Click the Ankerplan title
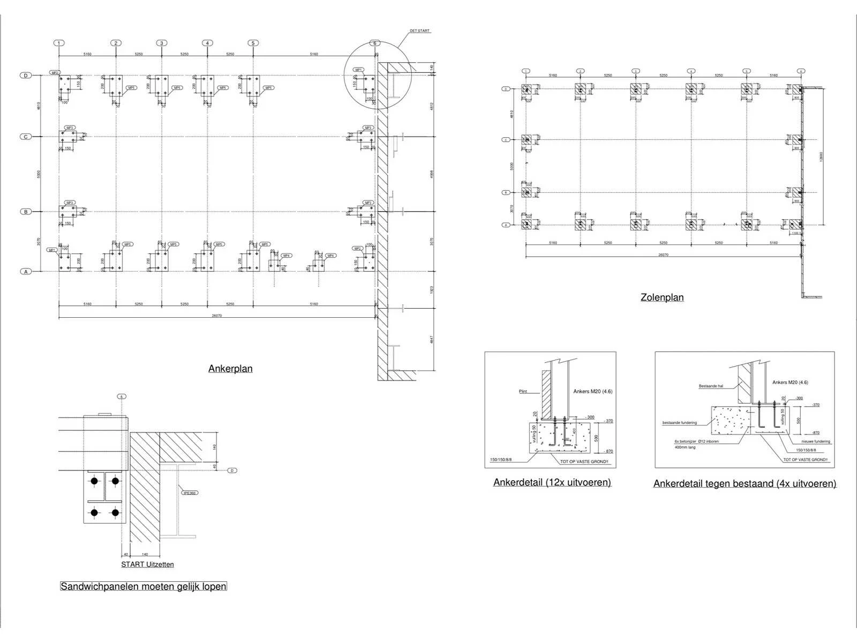[230, 369]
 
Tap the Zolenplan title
[662, 297]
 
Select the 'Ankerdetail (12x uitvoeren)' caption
[552, 482]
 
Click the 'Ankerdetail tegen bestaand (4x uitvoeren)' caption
[745, 483]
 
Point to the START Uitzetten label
[147, 564]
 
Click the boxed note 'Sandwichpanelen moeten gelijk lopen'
[144, 586]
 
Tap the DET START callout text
[419, 31]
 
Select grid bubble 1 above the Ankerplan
[59, 43]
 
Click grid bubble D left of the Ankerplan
[25, 76]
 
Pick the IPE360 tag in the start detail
[189, 493]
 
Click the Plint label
[523, 391]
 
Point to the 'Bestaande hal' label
[711, 386]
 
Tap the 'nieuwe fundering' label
[815, 442]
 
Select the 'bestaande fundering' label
[680, 423]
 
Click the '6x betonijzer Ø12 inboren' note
[696, 442]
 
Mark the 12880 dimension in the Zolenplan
[821, 156]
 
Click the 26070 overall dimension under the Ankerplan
[216, 316]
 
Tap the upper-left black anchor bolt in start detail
[94, 481]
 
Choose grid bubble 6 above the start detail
[122, 397]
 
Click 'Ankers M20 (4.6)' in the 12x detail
[592, 391]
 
